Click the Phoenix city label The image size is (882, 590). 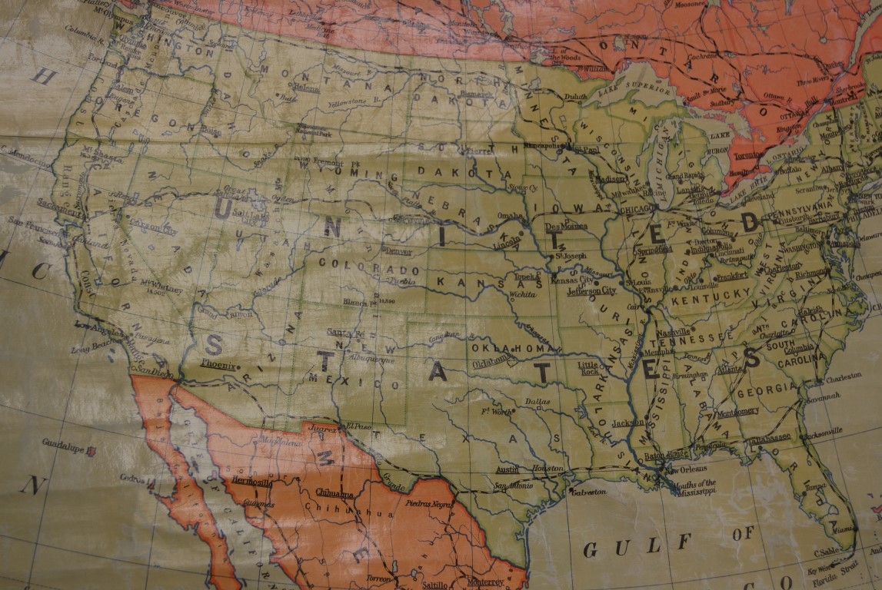point(218,364)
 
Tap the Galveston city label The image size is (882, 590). point(588,491)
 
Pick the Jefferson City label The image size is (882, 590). point(591,291)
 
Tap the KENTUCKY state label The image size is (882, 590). point(701,296)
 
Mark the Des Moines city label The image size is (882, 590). point(566,227)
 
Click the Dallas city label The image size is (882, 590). point(538,401)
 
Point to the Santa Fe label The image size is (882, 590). point(344,331)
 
